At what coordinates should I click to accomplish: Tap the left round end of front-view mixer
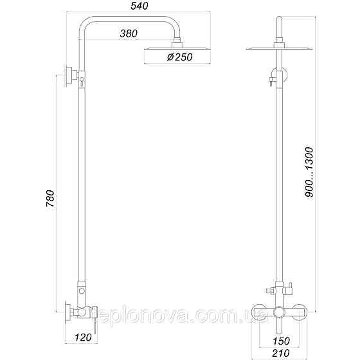tap(258, 311)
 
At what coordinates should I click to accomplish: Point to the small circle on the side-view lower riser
tap(82, 292)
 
